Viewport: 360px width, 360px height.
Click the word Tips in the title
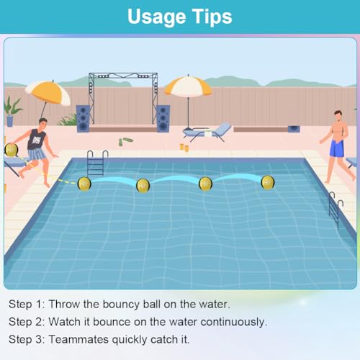(212, 17)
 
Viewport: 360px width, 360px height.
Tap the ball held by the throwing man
(12, 150)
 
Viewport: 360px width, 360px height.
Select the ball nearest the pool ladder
(84, 184)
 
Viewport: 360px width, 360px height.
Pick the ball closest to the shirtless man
(268, 182)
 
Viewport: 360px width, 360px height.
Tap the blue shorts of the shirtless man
(336, 148)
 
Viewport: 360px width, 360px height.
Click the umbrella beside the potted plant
(48, 91)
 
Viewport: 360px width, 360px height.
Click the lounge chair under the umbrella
(207, 132)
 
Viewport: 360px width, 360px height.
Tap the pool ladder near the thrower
(96, 163)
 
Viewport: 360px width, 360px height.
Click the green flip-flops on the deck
(126, 140)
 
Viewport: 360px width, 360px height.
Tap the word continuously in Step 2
(231, 321)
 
